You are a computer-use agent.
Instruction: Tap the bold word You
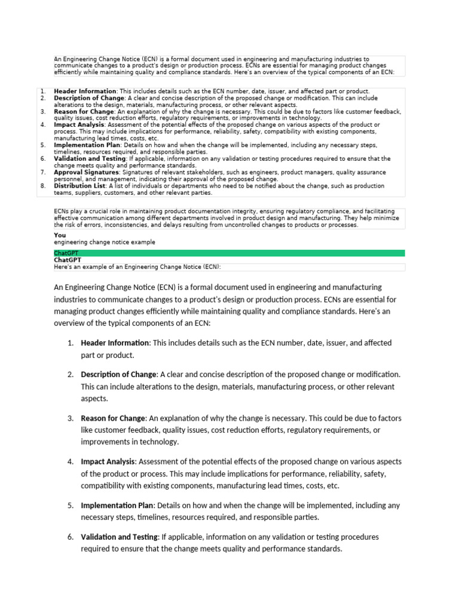coord(60,235)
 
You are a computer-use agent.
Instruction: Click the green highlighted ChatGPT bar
coord(229,253)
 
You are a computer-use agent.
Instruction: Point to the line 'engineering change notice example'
coord(104,242)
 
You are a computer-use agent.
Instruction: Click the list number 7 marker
coord(43,172)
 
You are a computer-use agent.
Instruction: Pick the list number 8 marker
coord(43,186)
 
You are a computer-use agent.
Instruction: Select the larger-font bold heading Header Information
coord(115,343)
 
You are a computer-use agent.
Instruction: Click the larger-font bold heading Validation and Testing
coord(120,537)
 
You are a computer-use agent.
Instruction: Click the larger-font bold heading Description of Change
coord(118,374)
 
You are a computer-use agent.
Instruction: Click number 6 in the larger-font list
coord(70,537)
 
